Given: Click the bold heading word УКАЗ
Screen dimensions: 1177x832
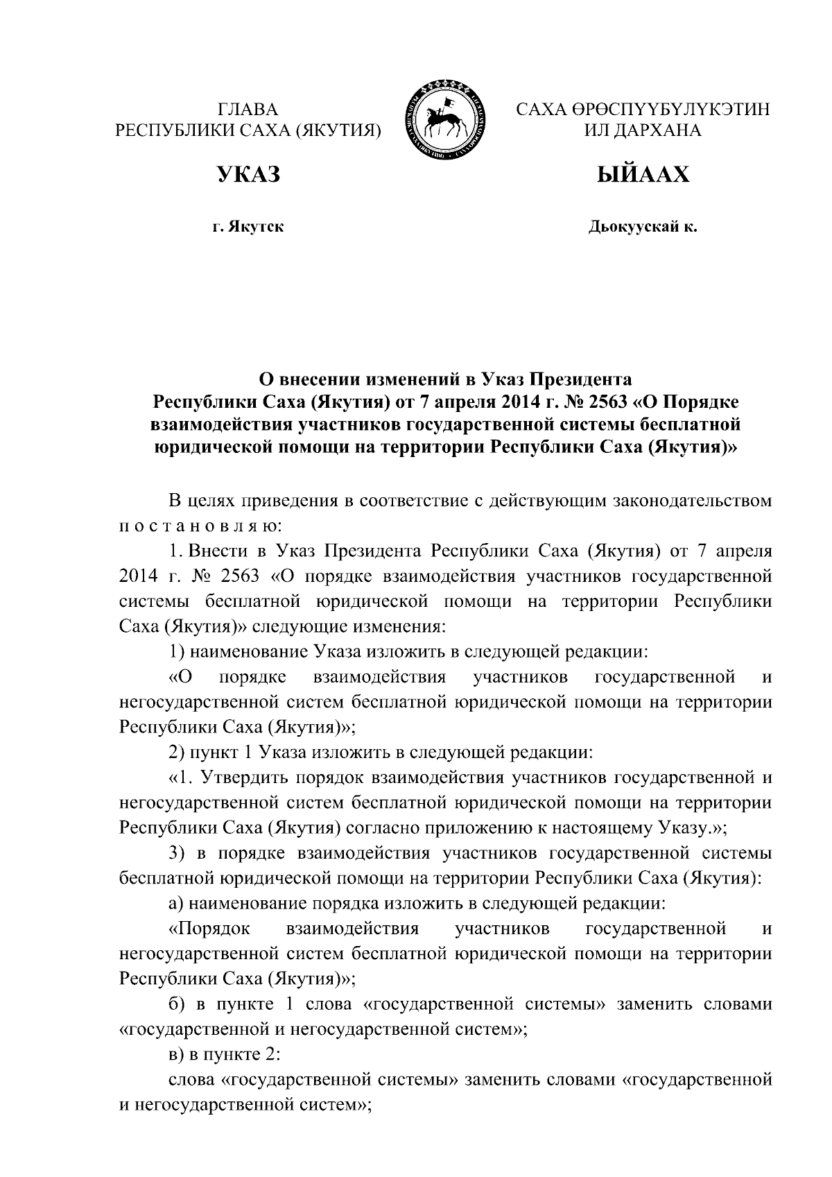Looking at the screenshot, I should coord(250,174).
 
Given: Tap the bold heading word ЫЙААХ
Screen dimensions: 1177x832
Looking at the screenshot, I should coord(643,174).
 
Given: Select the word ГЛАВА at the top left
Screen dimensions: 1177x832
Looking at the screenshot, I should coord(248,110).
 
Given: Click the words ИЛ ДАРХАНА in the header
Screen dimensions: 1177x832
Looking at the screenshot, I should coord(643,130).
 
